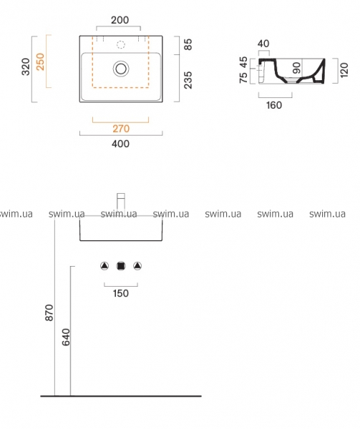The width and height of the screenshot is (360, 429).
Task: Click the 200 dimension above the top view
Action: (x=120, y=20)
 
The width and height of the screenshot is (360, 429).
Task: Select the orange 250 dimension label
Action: (x=40, y=61)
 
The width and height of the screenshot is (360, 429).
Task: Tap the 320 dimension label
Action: (x=26, y=66)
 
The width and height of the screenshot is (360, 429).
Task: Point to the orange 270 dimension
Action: (x=121, y=129)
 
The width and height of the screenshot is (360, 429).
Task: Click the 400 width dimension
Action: (x=120, y=144)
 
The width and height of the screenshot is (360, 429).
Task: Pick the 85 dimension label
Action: (x=188, y=44)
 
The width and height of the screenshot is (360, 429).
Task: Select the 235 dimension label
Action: (x=188, y=80)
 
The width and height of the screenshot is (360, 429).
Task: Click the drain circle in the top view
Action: (x=121, y=69)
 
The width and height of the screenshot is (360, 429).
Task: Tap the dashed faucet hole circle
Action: (x=121, y=44)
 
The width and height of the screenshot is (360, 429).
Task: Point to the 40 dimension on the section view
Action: (x=263, y=44)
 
